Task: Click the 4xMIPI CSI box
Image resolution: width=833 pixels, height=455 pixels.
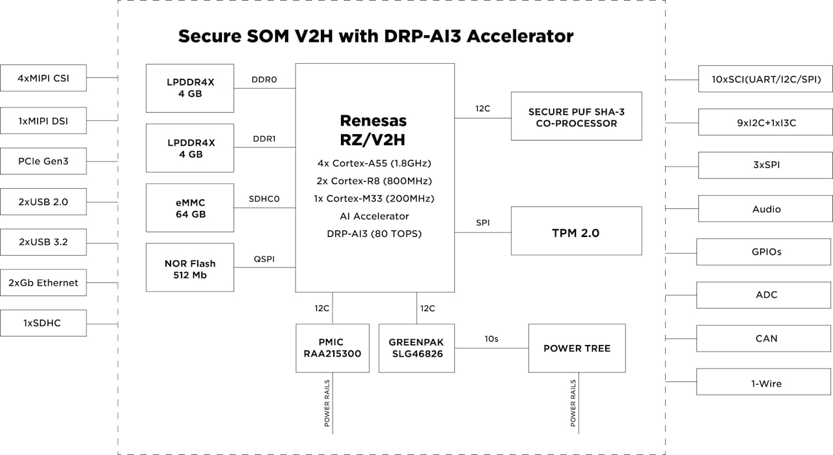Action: (x=43, y=78)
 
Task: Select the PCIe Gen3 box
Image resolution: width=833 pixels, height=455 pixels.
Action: (x=43, y=161)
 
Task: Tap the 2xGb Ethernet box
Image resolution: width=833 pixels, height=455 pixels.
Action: (x=43, y=283)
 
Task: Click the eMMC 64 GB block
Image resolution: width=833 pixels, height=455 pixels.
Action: (x=189, y=208)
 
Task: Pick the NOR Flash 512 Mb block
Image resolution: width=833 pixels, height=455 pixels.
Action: (x=189, y=268)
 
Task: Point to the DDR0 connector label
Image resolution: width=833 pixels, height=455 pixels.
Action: (x=264, y=80)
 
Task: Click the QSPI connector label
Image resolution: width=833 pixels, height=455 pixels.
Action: (x=264, y=259)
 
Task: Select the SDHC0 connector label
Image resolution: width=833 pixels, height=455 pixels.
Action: (x=264, y=199)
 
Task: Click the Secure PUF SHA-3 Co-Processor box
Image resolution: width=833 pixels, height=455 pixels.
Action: (x=576, y=117)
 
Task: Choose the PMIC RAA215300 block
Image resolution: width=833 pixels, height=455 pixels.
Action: (x=332, y=348)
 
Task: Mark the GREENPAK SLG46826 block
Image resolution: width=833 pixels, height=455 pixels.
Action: (x=416, y=348)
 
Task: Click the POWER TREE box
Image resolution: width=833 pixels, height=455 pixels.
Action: (x=577, y=348)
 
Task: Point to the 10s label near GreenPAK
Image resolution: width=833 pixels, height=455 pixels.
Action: (x=491, y=338)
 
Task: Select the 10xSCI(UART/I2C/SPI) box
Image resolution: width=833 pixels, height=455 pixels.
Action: (x=765, y=79)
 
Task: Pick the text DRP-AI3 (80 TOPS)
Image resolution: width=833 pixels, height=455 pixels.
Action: (x=374, y=233)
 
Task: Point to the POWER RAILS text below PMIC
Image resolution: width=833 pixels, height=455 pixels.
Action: (x=327, y=403)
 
